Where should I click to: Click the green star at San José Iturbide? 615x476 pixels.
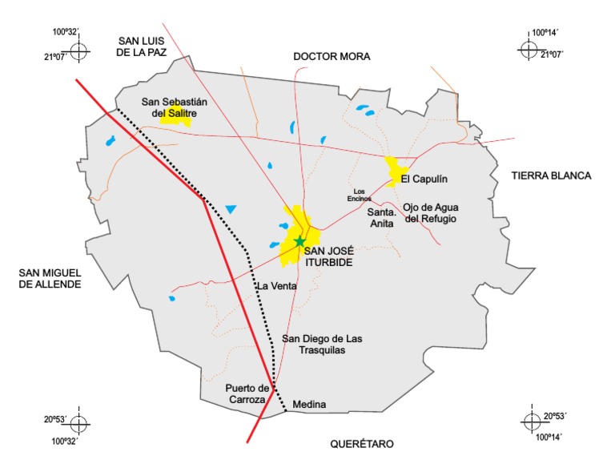299,241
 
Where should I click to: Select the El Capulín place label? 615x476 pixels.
421,179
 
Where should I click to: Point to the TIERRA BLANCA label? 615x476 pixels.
551,175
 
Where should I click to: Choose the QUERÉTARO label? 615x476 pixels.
363,443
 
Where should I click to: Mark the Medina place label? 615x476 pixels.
310,405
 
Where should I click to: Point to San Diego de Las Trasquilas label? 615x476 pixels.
322,345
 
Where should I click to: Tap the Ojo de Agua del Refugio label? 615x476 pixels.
431,212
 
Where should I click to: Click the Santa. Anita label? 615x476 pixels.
381,218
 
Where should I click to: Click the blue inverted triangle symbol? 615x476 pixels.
231,209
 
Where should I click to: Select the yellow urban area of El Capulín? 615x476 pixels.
394,171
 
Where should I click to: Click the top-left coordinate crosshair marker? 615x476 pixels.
78,51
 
